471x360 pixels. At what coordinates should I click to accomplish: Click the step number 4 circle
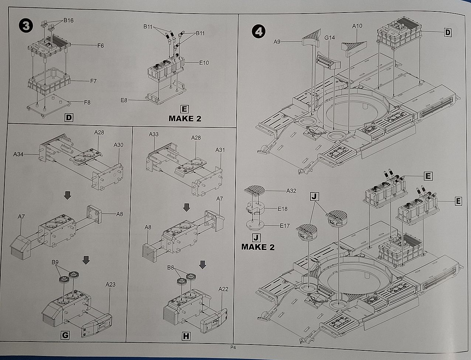(258, 32)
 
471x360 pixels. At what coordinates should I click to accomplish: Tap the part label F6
(100, 46)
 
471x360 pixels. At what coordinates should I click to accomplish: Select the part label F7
(93, 81)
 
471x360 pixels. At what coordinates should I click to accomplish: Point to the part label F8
(87, 103)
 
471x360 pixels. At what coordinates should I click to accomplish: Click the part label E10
(204, 63)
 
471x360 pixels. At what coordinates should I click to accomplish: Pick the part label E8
(124, 100)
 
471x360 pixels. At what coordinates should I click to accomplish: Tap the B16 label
(68, 20)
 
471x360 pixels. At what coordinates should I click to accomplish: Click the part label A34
(18, 154)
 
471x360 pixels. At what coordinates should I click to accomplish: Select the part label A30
(118, 145)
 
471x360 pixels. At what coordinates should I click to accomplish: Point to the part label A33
(154, 134)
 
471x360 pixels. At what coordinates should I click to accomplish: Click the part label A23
(110, 284)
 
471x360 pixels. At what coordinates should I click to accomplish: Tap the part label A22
(223, 289)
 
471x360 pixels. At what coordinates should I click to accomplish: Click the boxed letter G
(65, 335)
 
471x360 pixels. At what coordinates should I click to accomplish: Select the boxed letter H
(186, 336)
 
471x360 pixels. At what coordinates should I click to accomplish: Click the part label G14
(329, 38)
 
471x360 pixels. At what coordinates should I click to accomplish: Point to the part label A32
(291, 191)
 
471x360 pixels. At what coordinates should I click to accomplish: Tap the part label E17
(285, 226)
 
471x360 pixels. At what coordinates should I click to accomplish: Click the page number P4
(233, 347)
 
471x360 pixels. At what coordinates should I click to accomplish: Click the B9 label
(55, 262)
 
